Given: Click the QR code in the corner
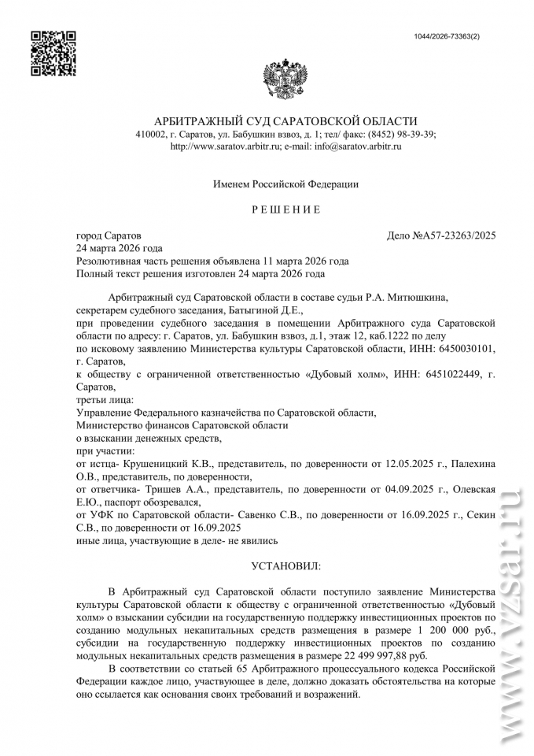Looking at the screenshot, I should pos(53,52).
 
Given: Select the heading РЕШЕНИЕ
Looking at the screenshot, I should pos(285,210).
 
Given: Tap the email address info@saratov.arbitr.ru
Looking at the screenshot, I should pos(357,146).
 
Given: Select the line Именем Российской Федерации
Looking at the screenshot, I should pos(285,184).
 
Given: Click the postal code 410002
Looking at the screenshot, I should pos(150,134).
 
